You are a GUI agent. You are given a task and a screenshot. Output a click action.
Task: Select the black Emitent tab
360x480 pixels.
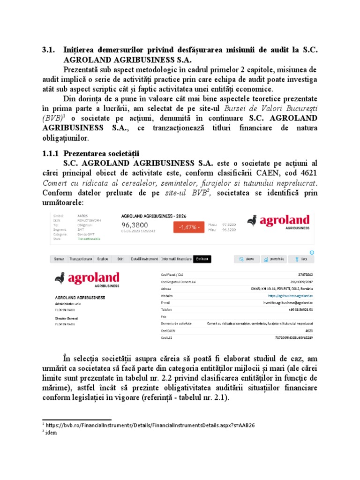pyautogui.click(x=202, y=259)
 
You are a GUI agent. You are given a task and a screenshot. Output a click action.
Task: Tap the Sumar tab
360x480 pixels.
pyautogui.click(x=59, y=259)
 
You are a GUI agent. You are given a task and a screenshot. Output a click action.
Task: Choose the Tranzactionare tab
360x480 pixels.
pyautogui.click(x=81, y=259)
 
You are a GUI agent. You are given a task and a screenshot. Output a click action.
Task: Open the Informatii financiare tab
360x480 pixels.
pyautogui.click(x=176, y=259)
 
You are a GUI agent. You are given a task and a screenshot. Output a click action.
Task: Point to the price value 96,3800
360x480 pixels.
pyautogui.click(x=135, y=225)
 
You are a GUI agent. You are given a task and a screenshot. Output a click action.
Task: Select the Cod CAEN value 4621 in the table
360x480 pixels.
pyautogui.click(x=308, y=330)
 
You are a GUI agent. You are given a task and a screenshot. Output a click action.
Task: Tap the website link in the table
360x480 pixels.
pyautogui.click(x=290, y=296)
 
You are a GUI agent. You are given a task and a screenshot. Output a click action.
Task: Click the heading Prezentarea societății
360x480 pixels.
pyautogui.click(x=101, y=154)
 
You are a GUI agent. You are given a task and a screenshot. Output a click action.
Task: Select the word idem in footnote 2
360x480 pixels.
pyautogui.click(x=52, y=432)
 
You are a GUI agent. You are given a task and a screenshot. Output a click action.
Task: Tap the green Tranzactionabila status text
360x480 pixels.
pyautogui.click(x=89, y=239)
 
